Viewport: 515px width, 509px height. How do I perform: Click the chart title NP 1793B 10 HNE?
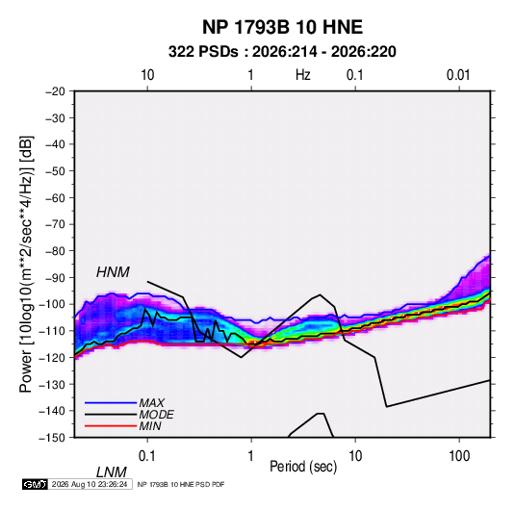tap(282, 27)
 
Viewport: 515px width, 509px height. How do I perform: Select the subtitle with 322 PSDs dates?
tap(282, 52)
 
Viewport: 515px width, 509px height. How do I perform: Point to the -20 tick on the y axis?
tap(55, 91)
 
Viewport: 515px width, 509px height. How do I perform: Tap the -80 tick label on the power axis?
tap(55, 251)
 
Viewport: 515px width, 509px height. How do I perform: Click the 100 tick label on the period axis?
tap(459, 456)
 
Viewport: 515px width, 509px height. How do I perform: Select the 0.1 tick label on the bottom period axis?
tap(147, 456)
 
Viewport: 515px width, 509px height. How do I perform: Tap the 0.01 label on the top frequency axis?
tap(458, 75)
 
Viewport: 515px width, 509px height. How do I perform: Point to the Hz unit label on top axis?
tap(302, 75)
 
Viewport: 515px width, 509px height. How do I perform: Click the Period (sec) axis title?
tap(303, 467)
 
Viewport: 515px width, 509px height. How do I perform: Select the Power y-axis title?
tap(26, 264)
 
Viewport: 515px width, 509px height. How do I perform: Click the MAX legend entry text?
tap(152, 403)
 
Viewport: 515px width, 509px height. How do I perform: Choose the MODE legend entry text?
tap(156, 415)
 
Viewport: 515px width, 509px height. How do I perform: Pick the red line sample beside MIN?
tap(111, 426)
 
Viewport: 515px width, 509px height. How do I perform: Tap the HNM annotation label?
tap(113, 272)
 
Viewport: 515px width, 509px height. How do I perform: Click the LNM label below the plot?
tap(111, 472)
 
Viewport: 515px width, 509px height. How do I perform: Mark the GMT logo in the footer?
tap(35, 484)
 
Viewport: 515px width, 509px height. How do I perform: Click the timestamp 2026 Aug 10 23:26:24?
tap(90, 484)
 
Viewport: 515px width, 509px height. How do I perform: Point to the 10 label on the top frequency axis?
tap(147, 75)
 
